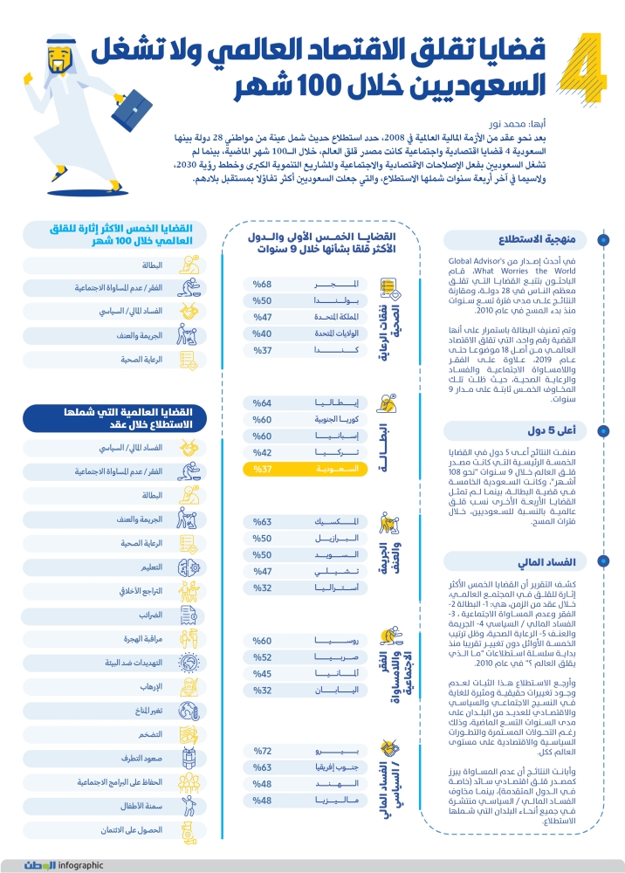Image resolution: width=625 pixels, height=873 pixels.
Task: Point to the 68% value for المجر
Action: (262, 285)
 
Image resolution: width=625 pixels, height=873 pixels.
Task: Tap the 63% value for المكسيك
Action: (262, 521)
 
